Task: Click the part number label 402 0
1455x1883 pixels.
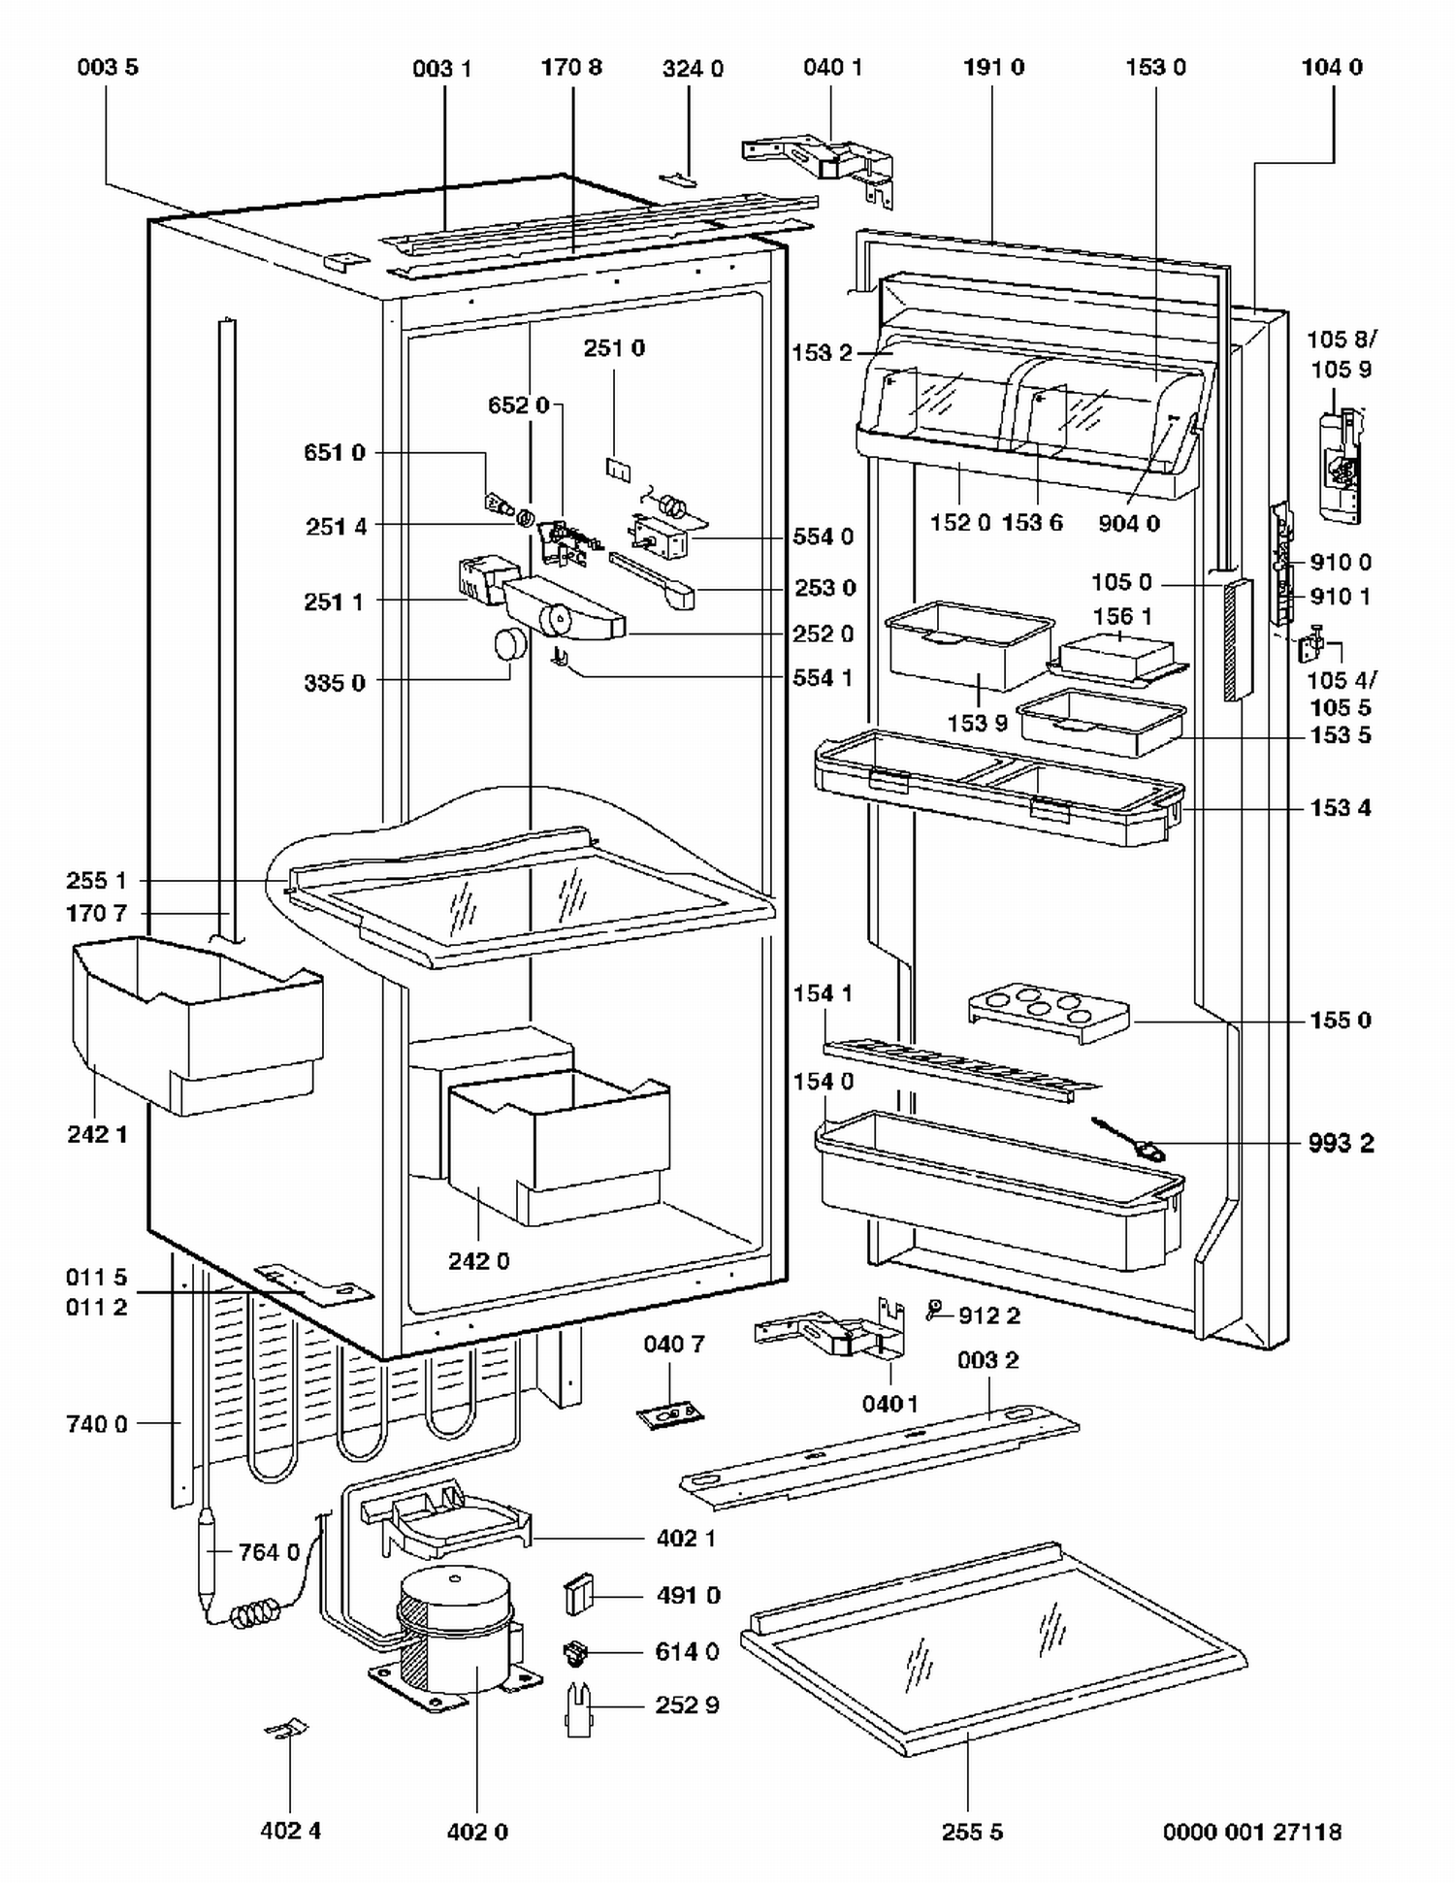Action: coord(477,1832)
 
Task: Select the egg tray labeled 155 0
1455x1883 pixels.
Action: coord(1049,1015)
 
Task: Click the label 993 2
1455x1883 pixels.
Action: coord(1341,1143)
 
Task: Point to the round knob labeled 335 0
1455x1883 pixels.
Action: coord(510,645)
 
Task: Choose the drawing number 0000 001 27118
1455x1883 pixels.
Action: coord(1251,1832)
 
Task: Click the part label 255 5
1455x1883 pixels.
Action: coord(972,1832)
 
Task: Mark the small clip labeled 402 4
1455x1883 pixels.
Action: coord(287,1729)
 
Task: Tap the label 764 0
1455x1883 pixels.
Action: coord(269,1552)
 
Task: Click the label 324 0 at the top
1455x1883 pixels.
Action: coord(693,68)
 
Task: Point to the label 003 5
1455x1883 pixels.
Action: coord(108,67)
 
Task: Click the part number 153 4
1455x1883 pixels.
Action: coord(1341,807)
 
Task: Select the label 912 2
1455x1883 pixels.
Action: coord(988,1315)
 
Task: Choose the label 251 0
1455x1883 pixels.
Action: coord(613,347)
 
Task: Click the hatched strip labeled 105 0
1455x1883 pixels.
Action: coord(1238,640)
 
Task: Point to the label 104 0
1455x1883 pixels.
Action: coord(1331,67)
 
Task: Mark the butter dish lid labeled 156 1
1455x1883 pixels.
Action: coord(1117,658)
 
